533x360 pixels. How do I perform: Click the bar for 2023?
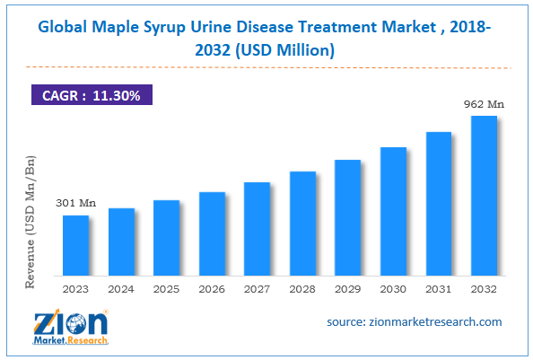(x=75, y=244)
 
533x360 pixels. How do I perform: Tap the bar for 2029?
(x=347, y=216)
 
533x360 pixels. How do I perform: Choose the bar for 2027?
(x=257, y=228)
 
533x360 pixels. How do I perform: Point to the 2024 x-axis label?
(x=121, y=289)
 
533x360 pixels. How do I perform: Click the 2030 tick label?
(x=393, y=289)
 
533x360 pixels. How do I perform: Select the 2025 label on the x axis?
(x=166, y=289)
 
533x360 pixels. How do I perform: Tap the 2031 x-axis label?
(x=439, y=289)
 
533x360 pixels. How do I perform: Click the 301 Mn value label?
(x=75, y=203)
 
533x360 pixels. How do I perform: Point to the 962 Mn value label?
(x=484, y=104)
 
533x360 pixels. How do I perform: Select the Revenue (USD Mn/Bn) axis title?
(x=30, y=221)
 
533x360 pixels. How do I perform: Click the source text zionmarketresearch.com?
(x=414, y=321)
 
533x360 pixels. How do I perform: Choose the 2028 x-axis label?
(x=302, y=289)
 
